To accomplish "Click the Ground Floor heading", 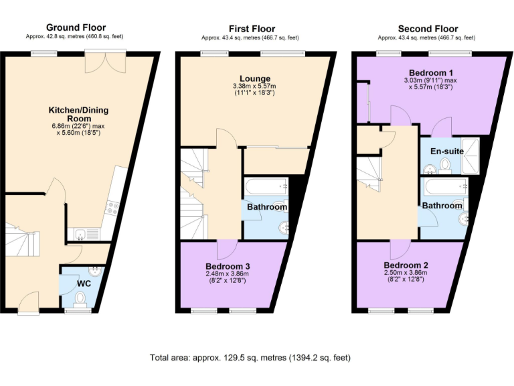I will pos(75,27).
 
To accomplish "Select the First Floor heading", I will pos(252,28).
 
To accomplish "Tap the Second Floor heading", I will pos(428,28).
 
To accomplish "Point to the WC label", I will pos(84,283).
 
